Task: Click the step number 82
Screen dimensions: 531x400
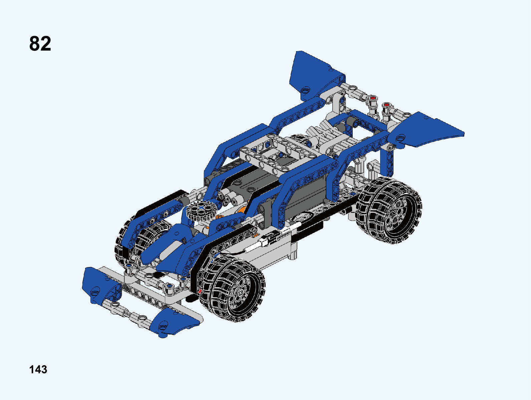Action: coord(40,43)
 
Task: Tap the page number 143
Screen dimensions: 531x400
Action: coord(38,370)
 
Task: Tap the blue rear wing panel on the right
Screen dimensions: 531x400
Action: coord(425,130)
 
